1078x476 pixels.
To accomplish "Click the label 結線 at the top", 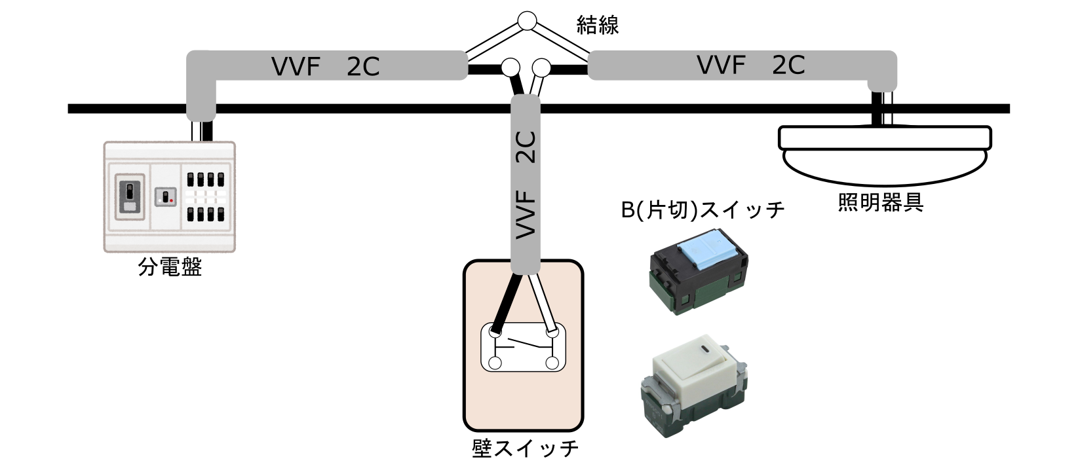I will click(597, 25).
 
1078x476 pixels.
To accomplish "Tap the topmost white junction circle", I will click(526, 21).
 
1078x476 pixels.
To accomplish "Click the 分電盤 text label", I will click(170, 267).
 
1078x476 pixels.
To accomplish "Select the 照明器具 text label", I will click(881, 202).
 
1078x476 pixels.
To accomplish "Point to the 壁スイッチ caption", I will click(525, 449).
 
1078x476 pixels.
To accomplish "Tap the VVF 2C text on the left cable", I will click(325, 66).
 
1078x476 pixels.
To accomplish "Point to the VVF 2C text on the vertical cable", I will click(526, 183).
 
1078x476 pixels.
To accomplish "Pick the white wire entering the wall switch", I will click(543, 301).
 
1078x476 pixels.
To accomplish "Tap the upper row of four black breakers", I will click(206, 179).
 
